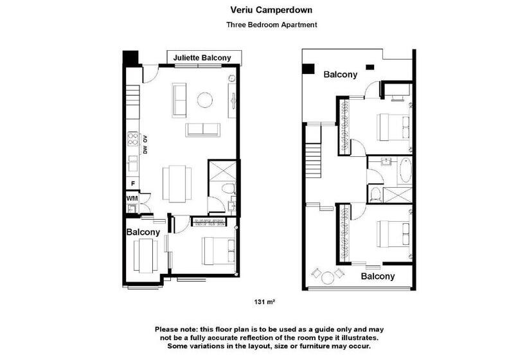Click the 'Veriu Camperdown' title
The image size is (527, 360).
tap(271, 10)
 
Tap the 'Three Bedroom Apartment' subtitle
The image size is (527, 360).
tap(272, 24)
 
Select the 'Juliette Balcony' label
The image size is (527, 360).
tap(202, 58)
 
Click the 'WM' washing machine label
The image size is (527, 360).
tap(132, 198)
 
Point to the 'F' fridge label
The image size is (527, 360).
tap(133, 184)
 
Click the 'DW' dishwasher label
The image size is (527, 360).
tap(145, 150)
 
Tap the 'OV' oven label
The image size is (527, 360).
tap(145, 138)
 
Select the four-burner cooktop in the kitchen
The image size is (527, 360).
tap(133, 139)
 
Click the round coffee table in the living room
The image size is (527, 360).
tap(204, 100)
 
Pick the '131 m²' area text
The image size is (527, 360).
tap(265, 302)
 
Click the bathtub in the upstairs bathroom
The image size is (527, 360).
tap(406, 170)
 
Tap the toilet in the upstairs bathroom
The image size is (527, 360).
tap(375, 194)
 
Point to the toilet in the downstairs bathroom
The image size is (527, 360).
tap(229, 188)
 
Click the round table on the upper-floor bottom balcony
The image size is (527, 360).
tap(328, 278)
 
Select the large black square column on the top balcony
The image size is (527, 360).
tap(308, 68)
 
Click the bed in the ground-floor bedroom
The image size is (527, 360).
tap(218, 251)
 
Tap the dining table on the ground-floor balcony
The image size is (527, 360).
tap(145, 255)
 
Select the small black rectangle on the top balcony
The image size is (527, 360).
tap(370, 67)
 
